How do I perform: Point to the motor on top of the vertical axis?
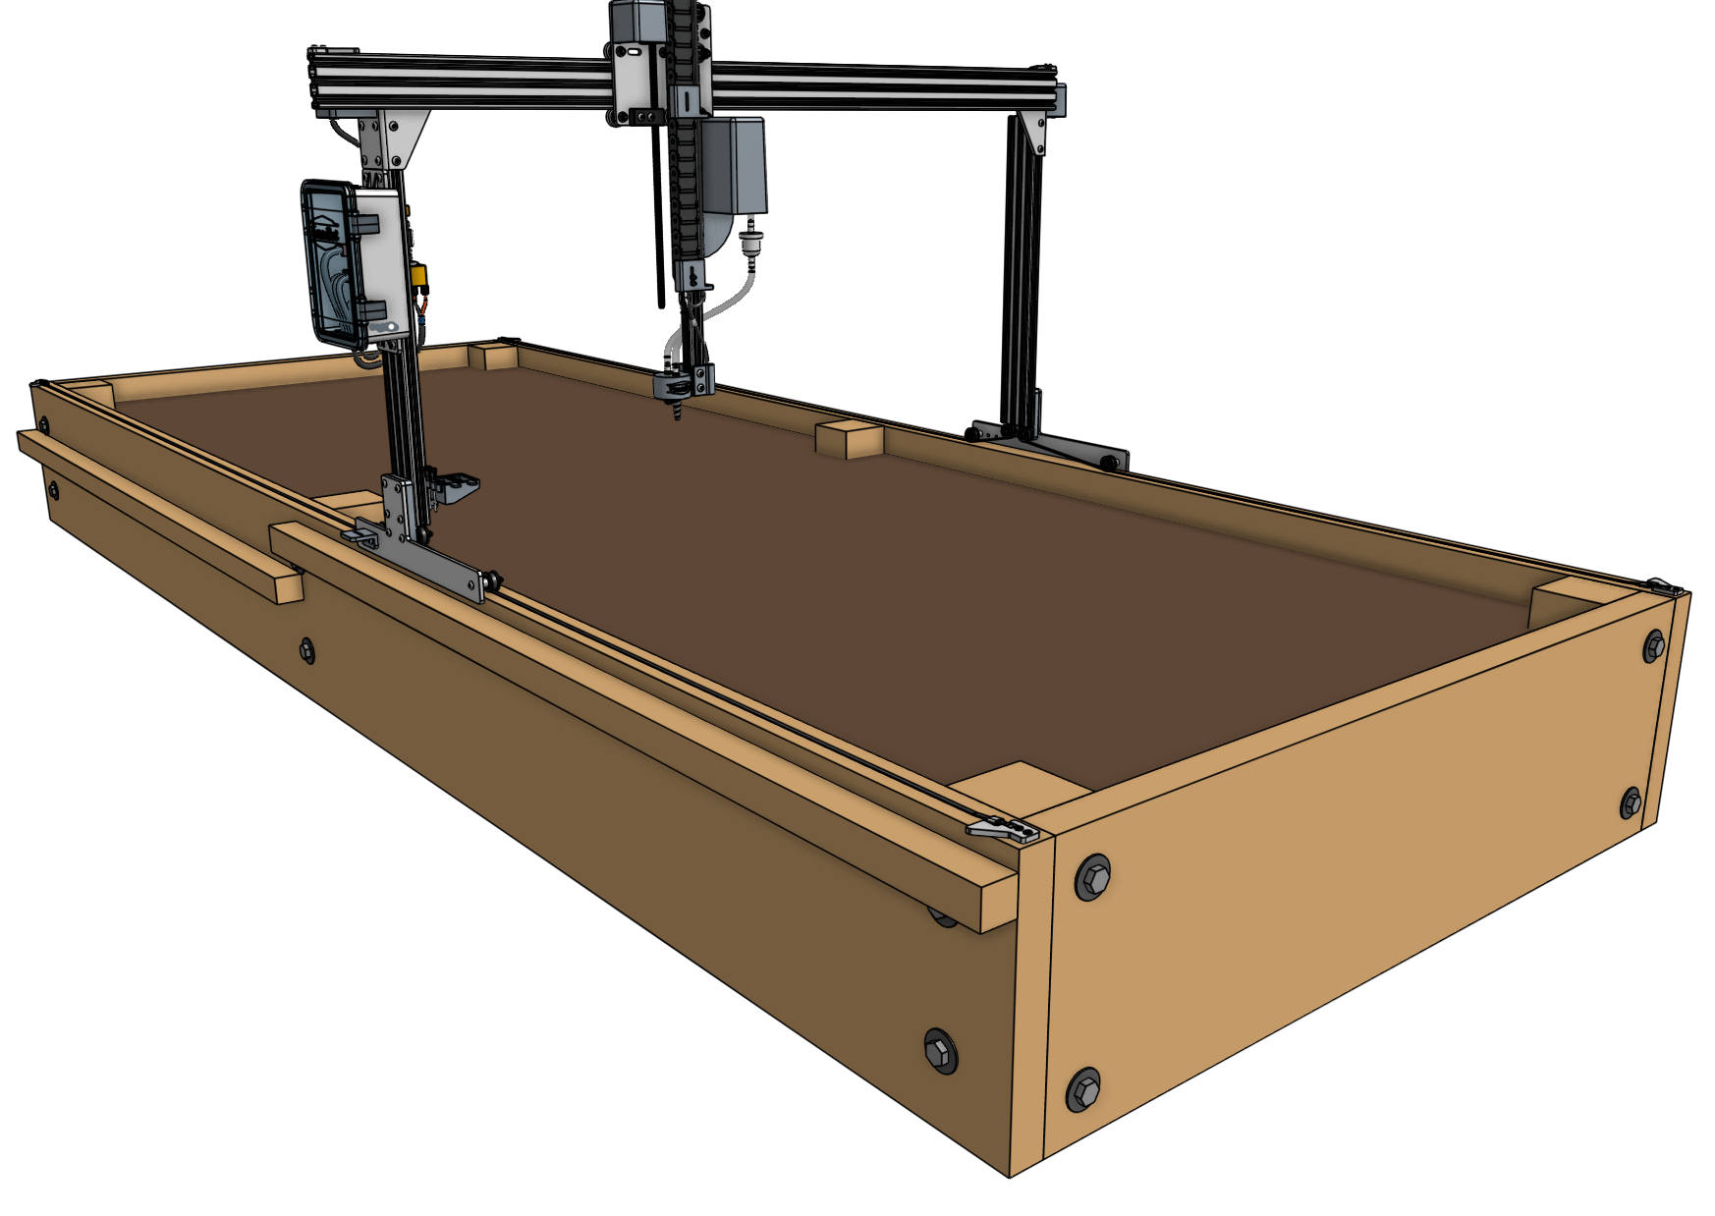pos(639,21)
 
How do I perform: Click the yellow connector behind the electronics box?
pos(420,279)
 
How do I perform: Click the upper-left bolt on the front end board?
pos(1092,876)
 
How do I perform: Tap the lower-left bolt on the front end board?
pos(1083,1089)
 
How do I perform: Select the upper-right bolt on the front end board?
pos(1654,646)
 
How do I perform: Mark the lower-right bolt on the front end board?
pos(1631,802)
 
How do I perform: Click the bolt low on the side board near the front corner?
pos(940,1051)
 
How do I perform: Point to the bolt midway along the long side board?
pos(306,650)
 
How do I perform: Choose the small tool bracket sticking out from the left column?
pos(457,485)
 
